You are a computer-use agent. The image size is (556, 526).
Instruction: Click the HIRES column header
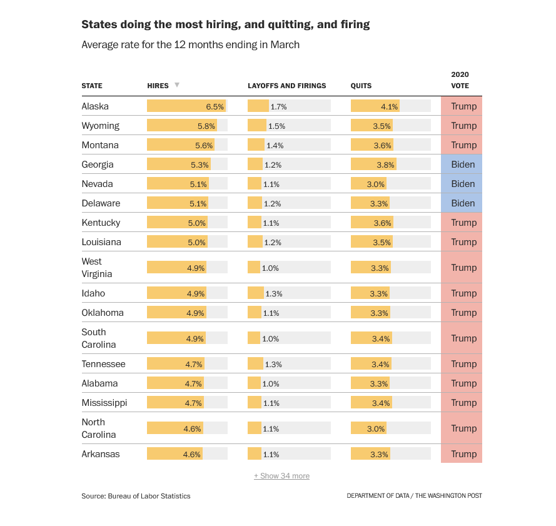pyautogui.click(x=158, y=86)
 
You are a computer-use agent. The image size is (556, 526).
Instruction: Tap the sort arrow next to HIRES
pyautogui.click(x=177, y=85)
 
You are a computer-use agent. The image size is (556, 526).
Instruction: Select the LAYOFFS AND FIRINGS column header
pyautogui.click(x=287, y=86)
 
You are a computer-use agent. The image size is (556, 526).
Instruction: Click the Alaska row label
pyautogui.click(x=95, y=106)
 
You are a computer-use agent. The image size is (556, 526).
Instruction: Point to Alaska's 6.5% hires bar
pyautogui.click(x=186, y=106)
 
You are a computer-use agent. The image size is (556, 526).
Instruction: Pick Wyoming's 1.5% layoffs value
pyautogui.click(x=276, y=126)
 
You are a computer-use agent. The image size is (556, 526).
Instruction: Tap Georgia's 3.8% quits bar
pyautogui.click(x=373, y=164)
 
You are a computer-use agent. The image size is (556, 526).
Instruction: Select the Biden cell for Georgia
pyautogui.click(x=463, y=164)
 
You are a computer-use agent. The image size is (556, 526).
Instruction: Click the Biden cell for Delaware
pyautogui.click(x=463, y=203)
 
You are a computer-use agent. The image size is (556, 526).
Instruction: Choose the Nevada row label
pyautogui.click(x=97, y=184)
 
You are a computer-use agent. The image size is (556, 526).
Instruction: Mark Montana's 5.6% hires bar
pyautogui.click(x=181, y=145)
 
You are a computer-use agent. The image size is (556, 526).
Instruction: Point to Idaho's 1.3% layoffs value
pyautogui.click(x=273, y=293)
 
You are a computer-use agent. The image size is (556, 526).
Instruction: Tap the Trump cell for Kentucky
pyautogui.click(x=463, y=223)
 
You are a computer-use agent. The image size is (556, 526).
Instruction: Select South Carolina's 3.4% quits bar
pyautogui.click(x=372, y=338)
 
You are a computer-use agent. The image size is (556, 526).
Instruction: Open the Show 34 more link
pyautogui.click(x=281, y=476)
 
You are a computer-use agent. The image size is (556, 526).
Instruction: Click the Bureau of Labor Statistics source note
pyautogui.click(x=136, y=496)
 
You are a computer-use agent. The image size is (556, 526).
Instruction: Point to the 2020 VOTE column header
pyautogui.click(x=460, y=79)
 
